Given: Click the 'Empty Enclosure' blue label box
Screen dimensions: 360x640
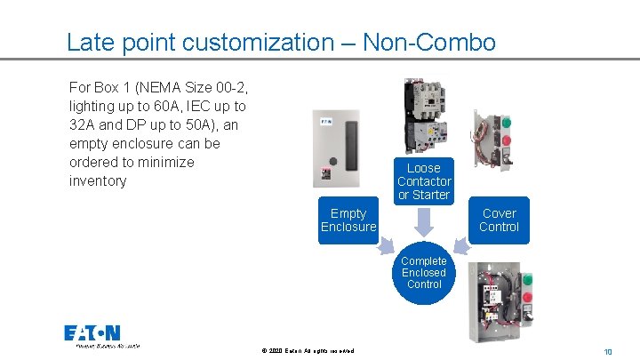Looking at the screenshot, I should (348, 220).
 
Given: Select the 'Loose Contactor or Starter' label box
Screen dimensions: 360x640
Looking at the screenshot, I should (424, 181).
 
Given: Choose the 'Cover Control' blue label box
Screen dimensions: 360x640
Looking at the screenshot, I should (499, 220).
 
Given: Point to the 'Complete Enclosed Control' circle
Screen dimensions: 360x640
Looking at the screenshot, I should (424, 273).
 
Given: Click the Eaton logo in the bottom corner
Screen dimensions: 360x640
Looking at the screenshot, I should (92, 334).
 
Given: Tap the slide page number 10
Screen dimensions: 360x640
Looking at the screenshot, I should (608, 352).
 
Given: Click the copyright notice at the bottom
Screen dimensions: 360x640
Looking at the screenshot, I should (308, 351).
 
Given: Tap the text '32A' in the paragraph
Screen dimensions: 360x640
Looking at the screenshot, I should (83, 125).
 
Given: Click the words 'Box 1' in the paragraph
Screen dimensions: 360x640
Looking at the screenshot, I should (112, 88).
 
